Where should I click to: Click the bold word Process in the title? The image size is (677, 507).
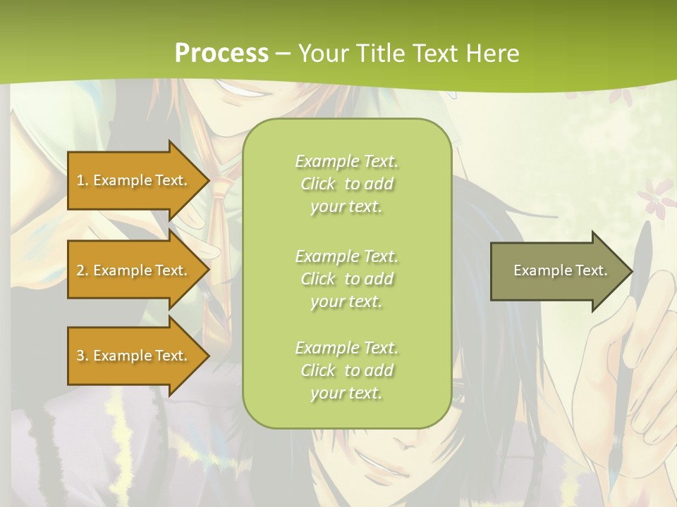(x=221, y=53)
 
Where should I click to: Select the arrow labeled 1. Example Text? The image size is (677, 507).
(x=134, y=180)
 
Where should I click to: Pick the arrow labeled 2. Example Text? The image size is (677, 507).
(x=134, y=270)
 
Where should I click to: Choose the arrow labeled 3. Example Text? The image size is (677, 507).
(x=134, y=356)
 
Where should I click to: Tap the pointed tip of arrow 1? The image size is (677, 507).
(x=208, y=180)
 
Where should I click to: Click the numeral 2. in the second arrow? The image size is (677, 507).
(x=83, y=270)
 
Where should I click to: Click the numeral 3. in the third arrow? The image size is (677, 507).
(x=83, y=356)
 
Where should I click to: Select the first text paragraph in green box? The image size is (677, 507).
(x=346, y=184)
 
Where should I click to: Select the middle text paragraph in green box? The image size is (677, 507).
(x=346, y=279)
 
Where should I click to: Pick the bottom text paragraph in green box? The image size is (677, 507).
(x=346, y=370)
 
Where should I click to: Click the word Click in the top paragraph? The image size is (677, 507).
(x=318, y=184)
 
